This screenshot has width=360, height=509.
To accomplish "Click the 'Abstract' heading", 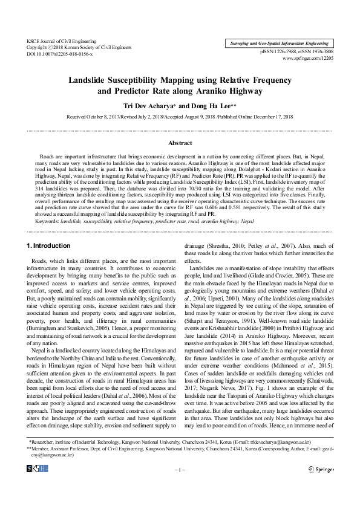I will click(x=180, y=143).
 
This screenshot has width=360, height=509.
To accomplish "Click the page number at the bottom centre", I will click(x=180, y=486).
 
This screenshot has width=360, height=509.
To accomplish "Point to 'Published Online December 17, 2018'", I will click(x=256, y=116).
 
